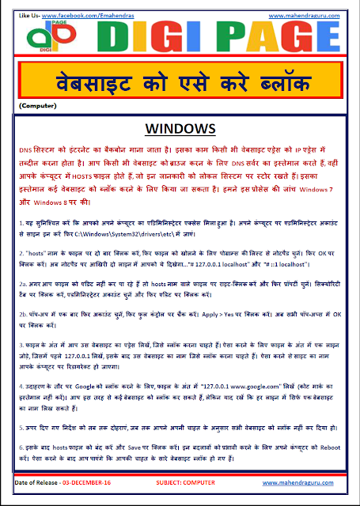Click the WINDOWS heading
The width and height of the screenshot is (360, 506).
pyautogui.click(x=180, y=128)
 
